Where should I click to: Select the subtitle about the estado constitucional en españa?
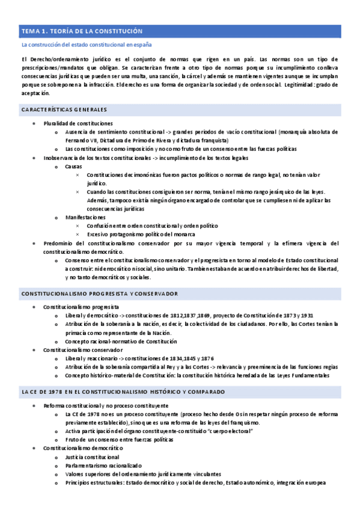pos(86,45)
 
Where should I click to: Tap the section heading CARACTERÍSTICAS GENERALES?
pos(64,109)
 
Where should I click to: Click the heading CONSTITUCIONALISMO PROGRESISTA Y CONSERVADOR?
pos(99,293)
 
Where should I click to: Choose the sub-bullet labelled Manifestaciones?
pos(85,217)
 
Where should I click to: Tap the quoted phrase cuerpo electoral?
pos(230,431)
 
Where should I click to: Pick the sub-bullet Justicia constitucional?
pos(92,457)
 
